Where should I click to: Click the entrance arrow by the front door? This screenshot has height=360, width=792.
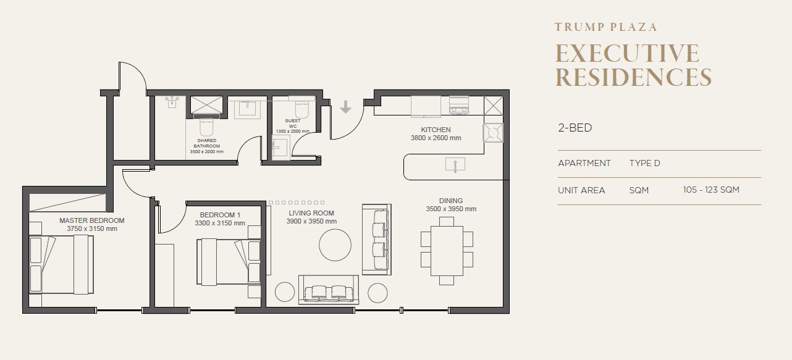point(345,107)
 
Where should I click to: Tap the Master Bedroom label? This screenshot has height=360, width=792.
point(92,220)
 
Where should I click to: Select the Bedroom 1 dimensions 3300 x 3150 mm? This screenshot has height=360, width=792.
point(219,224)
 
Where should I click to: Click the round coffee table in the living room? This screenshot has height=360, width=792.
point(335,245)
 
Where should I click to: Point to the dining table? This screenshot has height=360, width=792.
point(447,251)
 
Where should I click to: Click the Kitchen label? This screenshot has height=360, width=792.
point(436,130)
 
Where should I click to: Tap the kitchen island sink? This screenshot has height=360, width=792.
point(455,165)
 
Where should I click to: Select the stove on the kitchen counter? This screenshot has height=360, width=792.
point(459,105)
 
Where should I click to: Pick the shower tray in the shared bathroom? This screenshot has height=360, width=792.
point(207,105)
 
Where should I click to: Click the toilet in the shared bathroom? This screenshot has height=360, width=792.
point(206,127)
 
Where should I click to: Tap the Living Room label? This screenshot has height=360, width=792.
point(311,213)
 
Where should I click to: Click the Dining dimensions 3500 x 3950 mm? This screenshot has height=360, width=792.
point(451,209)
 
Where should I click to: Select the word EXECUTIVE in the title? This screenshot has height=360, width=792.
point(627,54)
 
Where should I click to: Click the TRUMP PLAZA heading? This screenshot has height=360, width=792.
point(605,27)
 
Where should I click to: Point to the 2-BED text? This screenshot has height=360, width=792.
point(575,128)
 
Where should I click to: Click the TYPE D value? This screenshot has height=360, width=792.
point(644,163)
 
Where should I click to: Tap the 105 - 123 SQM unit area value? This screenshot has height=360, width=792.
point(711,190)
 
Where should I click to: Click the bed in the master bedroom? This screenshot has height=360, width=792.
point(61,264)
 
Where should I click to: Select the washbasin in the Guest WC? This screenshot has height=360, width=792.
point(281,148)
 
